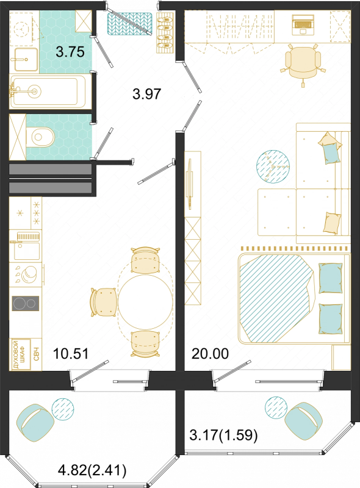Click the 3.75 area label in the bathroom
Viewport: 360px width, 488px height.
(70, 52)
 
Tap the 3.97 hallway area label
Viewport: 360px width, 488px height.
(146, 94)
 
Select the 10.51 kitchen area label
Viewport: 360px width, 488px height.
(71, 354)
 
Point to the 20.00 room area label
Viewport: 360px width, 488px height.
(210, 354)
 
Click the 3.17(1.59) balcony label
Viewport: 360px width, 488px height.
(223, 435)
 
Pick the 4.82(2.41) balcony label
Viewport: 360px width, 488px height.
(92, 470)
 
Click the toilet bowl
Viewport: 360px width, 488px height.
(40, 137)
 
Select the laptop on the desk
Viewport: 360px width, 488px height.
(303, 24)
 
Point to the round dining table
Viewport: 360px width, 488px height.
(145, 301)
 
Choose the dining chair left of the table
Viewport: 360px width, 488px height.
(103, 302)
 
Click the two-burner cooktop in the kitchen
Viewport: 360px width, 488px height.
(26, 303)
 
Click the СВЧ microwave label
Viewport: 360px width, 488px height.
(36, 354)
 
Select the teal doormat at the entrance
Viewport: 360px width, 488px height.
(129, 23)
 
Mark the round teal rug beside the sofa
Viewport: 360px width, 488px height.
(273, 167)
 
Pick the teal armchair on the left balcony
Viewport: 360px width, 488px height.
(35, 422)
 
